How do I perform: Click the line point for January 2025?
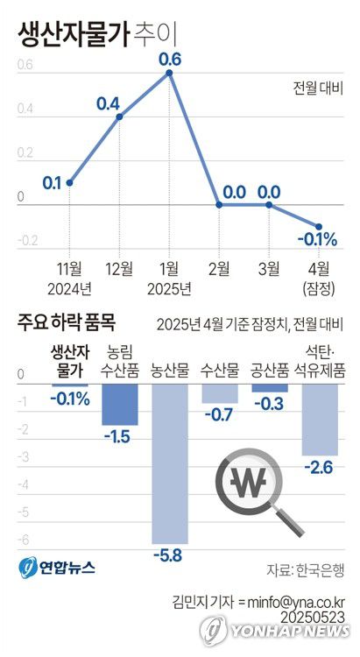(x=169, y=73)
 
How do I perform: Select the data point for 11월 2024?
(x=69, y=182)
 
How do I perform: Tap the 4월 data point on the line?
(x=319, y=226)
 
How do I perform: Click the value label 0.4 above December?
(x=108, y=103)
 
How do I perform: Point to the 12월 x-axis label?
(x=119, y=268)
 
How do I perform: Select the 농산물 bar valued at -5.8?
(x=169, y=464)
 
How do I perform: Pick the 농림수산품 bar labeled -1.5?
(x=119, y=404)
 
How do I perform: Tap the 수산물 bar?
(x=219, y=393)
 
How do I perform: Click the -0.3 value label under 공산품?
(x=269, y=403)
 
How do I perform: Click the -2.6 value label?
(x=320, y=468)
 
